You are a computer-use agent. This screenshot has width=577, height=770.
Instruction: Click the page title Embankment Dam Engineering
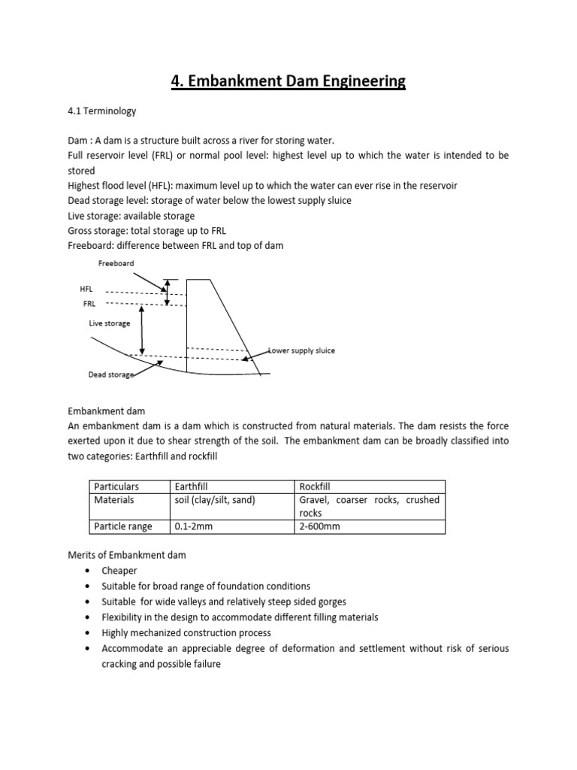coord(288,80)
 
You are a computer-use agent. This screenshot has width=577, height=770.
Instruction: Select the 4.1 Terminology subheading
coord(102,111)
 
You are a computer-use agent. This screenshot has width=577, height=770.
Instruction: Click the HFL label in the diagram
coord(86,289)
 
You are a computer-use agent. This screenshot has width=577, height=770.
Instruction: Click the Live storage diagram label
coord(110,323)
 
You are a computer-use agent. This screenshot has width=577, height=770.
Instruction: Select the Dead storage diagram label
coord(110,374)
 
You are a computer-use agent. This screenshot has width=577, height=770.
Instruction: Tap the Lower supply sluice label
coord(302,350)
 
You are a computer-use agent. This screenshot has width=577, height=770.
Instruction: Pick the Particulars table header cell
coord(116,487)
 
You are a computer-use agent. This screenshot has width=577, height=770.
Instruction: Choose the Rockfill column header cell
coord(315,487)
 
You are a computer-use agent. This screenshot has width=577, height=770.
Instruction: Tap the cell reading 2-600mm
coord(319,526)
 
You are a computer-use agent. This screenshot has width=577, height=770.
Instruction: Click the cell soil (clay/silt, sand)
coord(215,499)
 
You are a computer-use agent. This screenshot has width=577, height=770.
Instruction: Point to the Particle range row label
coord(122,526)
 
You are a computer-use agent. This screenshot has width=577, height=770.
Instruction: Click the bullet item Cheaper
coord(119,571)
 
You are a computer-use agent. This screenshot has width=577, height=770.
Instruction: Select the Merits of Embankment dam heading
coord(126,555)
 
